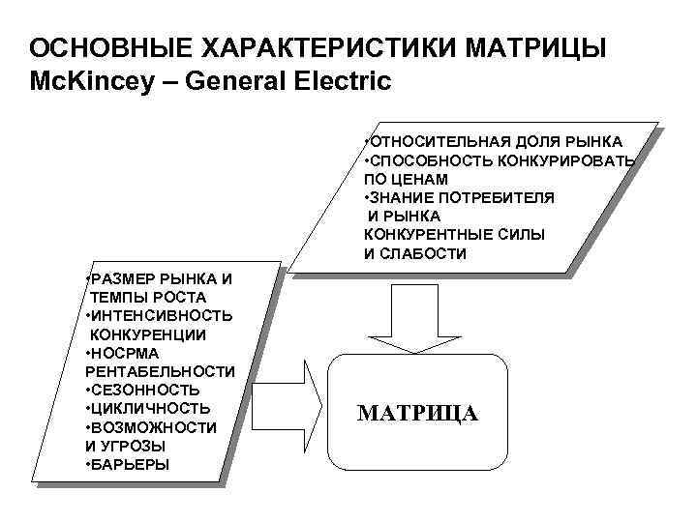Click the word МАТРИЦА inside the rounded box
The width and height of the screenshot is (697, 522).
pos(417,414)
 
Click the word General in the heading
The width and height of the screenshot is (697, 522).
pos(238,81)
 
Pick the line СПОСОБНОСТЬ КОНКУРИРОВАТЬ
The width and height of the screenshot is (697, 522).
pos(499,160)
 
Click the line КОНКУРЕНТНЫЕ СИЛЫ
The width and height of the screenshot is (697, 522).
pos(454,235)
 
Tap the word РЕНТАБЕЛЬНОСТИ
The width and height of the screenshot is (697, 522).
pos(160,371)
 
